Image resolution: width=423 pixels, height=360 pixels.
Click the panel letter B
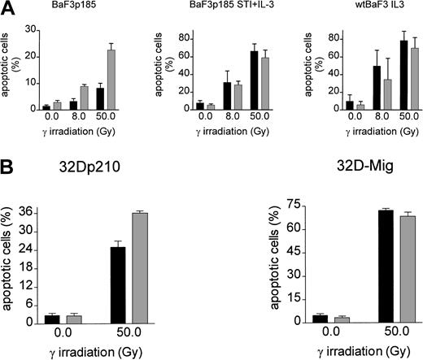[x=9, y=167]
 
